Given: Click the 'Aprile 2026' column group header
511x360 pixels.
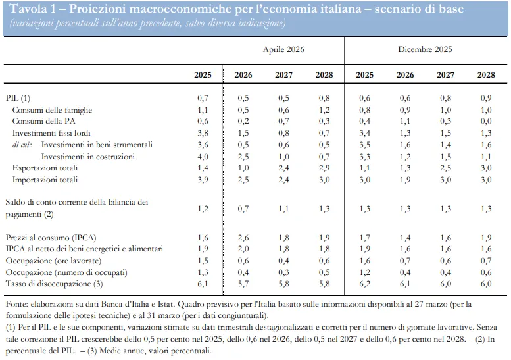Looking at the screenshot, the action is [x=283, y=49].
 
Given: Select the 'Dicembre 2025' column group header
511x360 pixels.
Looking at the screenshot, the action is [x=425, y=49].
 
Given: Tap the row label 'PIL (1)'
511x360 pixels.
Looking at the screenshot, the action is [x=18, y=98].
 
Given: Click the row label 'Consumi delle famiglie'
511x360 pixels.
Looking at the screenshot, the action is [x=52, y=110].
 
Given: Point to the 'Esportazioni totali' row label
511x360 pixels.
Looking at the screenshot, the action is [x=45, y=168].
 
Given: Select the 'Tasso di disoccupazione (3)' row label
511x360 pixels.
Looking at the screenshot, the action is [x=54, y=284].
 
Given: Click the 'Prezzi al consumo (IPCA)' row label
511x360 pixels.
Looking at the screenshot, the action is [x=51, y=238].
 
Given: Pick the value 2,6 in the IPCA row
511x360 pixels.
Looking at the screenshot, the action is [x=243, y=238].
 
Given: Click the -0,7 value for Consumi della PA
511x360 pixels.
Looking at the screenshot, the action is [x=283, y=121].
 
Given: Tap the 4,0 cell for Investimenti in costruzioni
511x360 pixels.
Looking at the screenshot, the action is [x=203, y=157].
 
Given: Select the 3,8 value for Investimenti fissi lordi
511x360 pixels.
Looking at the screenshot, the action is [x=203, y=133].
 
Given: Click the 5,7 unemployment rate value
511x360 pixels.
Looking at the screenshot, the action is [x=243, y=284].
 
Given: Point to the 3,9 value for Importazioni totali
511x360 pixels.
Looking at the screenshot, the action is [x=203, y=180].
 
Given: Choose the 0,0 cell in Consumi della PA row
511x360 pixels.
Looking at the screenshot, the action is [x=486, y=121].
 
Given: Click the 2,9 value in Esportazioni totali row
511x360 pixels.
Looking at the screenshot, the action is [x=324, y=168].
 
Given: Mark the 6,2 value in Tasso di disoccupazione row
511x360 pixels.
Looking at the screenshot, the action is [x=364, y=284].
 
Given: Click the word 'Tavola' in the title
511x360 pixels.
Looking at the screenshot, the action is [x=29, y=9].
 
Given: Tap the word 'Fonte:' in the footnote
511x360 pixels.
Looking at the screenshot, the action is [x=17, y=304].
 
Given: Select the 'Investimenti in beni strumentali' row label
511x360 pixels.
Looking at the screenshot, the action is [x=97, y=145].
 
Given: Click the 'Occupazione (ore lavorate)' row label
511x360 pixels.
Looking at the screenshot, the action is [x=53, y=261].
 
